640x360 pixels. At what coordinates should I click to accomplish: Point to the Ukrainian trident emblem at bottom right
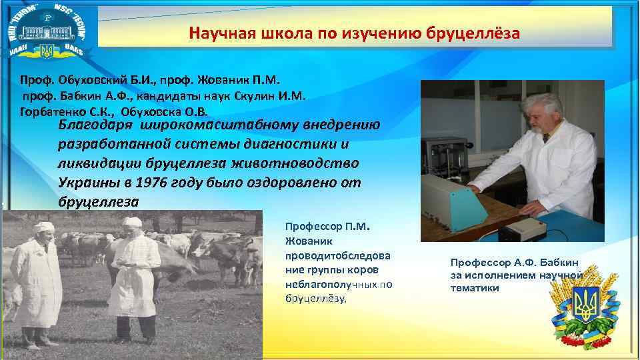coord(587,309)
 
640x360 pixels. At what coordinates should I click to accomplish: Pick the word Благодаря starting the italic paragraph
coord(93,125)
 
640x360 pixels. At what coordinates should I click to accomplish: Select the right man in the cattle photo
coord(133,273)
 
